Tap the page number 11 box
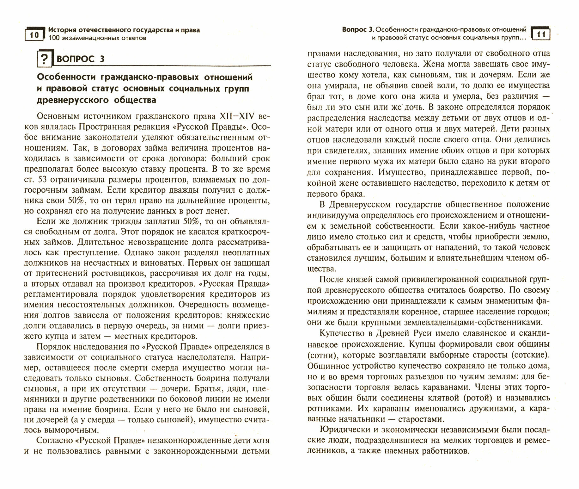[541, 34]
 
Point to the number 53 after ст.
[42, 180]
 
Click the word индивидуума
[336, 215]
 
